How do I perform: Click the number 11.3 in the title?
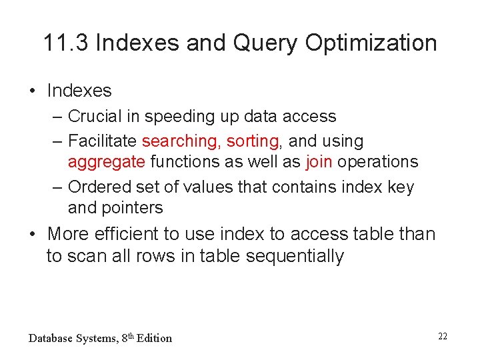pos(67,43)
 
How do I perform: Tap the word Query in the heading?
pos(264,43)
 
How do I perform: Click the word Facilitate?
pos(103,141)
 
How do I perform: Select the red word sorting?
pos(253,141)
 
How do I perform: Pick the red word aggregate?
pos(106,162)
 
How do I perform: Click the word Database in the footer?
pos(51,338)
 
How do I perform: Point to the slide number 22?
pos(443,336)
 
